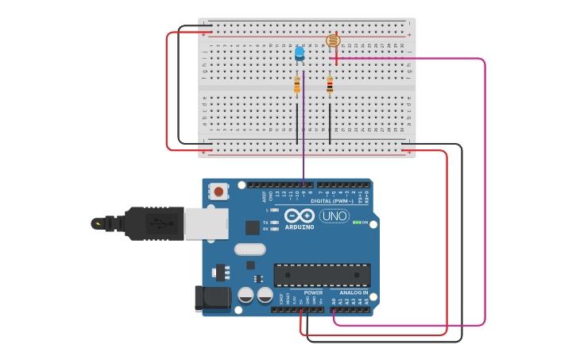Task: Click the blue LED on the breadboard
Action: (x=300, y=53)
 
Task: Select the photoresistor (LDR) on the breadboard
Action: (x=333, y=41)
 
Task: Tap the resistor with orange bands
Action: (x=297, y=85)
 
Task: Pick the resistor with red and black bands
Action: (x=330, y=85)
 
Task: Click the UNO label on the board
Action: (x=334, y=216)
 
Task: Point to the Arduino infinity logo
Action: (x=299, y=215)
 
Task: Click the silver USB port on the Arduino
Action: (x=206, y=223)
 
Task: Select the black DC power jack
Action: (x=212, y=298)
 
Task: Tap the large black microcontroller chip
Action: (x=322, y=275)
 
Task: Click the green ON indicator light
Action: (x=358, y=223)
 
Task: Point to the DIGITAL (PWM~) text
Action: (x=333, y=201)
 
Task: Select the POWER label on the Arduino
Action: (x=313, y=292)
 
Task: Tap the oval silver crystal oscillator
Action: (x=249, y=250)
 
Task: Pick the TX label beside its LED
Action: (x=265, y=223)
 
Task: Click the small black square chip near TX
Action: (x=252, y=227)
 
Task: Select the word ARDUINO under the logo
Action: (x=299, y=226)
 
